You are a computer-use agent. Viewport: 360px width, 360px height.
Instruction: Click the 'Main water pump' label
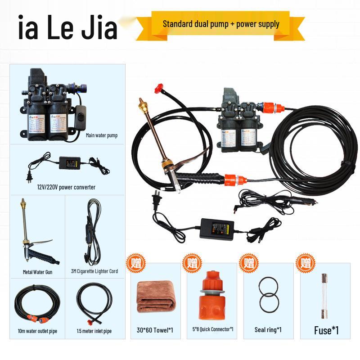(x=102, y=135)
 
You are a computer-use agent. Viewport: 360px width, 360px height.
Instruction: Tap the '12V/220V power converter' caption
(x=66, y=187)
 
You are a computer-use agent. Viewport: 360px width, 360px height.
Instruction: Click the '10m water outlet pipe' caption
(x=38, y=331)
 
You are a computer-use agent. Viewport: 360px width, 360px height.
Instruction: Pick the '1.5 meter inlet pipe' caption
(x=94, y=331)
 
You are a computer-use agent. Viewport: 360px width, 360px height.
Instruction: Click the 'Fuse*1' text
(x=326, y=331)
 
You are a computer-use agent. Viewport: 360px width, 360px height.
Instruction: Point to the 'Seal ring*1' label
(x=268, y=330)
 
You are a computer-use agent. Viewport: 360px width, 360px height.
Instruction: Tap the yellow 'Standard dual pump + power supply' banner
(x=221, y=24)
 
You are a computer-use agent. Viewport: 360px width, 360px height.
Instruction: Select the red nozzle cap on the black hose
(x=158, y=87)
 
